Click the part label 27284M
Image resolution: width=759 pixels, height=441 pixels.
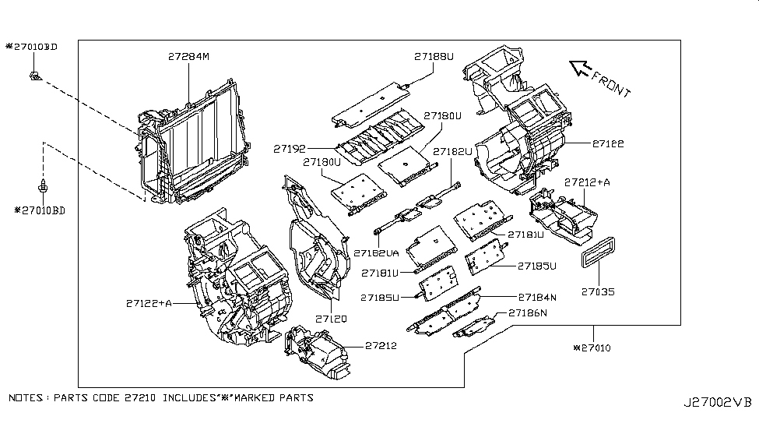pos(189,56)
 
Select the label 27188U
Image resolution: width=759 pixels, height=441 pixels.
pos(434,56)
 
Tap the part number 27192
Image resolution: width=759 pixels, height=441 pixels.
pos(289,146)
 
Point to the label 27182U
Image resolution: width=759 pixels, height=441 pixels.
pos(453,151)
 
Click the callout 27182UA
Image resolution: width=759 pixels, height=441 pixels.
pos(376,253)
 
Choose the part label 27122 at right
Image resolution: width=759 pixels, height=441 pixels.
pos(608,144)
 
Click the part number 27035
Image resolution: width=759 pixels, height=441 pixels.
pos(598,292)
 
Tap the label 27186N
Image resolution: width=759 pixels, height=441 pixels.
pos(528,312)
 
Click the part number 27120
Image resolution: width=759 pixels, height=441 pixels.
pos(331,319)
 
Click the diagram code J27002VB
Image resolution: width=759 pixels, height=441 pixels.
pos(718,403)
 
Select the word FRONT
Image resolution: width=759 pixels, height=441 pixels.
pos(611,83)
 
